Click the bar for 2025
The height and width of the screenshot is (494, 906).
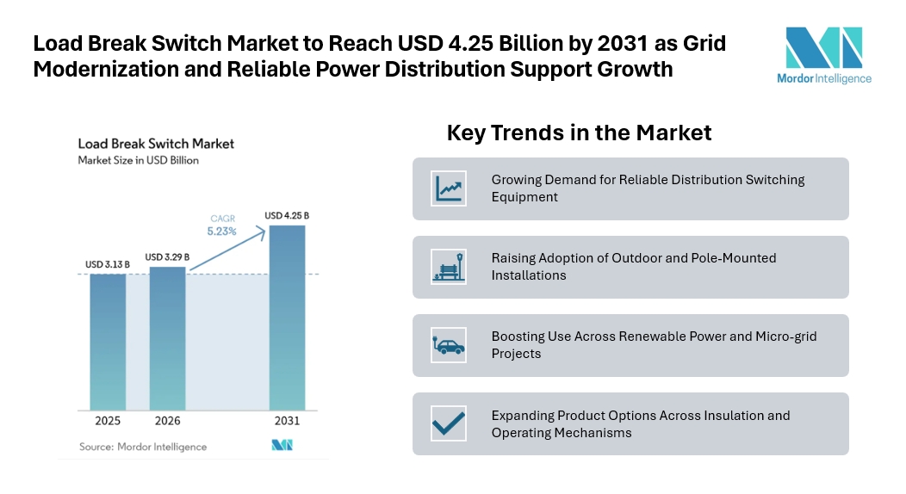[x=108, y=343]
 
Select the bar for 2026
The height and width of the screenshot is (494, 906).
[x=168, y=339]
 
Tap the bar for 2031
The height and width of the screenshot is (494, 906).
[x=287, y=318]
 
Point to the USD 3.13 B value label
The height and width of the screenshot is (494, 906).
[x=108, y=264]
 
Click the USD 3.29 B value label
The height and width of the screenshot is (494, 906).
[x=167, y=256]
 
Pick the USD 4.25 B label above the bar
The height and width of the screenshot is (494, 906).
[x=287, y=215]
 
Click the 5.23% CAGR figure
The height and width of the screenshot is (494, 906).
[x=222, y=232]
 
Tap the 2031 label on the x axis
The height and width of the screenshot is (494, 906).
[x=287, y=421]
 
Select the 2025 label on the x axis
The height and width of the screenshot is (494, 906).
[x=108, y=421]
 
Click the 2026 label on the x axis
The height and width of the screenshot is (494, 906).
[x=168, y=421]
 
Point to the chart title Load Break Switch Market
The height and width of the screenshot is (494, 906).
[x=156, y=144]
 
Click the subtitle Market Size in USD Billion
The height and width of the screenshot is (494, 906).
[x=138, y=160]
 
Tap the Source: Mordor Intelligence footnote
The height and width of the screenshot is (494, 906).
[x=143, y=447]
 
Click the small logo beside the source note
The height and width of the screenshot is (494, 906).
[x=282, y=445]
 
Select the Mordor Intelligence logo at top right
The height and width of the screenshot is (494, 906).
[x=824, y=55]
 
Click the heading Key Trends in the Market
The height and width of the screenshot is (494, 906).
[x=579, y=133]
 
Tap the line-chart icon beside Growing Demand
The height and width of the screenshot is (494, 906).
[x=449, y=188]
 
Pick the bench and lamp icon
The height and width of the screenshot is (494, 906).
[x=449, y=267]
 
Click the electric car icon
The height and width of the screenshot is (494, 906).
[x=449, y=345]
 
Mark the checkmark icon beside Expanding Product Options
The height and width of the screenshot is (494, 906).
[x=449, y=423]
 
